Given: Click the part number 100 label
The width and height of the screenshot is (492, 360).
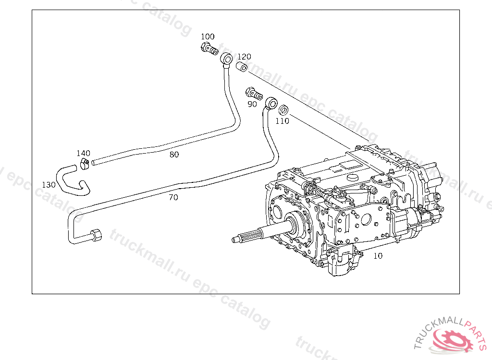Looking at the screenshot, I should point(208,37).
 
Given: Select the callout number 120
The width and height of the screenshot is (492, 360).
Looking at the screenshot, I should point(244,57).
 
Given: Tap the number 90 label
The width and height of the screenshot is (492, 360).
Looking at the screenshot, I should point(252,104).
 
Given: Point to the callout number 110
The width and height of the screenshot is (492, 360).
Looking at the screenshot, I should point(282,121).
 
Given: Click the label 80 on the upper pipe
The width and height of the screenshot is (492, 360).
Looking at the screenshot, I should point(174,155).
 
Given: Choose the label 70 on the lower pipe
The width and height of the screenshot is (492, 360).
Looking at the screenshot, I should point(173,197).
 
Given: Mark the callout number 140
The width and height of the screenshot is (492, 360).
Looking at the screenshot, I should point(83,154).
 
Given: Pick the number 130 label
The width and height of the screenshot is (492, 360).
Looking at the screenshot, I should point(49,185).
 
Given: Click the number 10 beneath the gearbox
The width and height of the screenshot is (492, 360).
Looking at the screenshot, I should point(378,256).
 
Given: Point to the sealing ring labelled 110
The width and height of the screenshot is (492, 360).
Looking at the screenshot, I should point(283,109).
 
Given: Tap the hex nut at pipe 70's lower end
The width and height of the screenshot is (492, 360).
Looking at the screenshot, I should point(95,236).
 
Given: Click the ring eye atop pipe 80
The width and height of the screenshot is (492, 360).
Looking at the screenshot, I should point(226,60).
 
